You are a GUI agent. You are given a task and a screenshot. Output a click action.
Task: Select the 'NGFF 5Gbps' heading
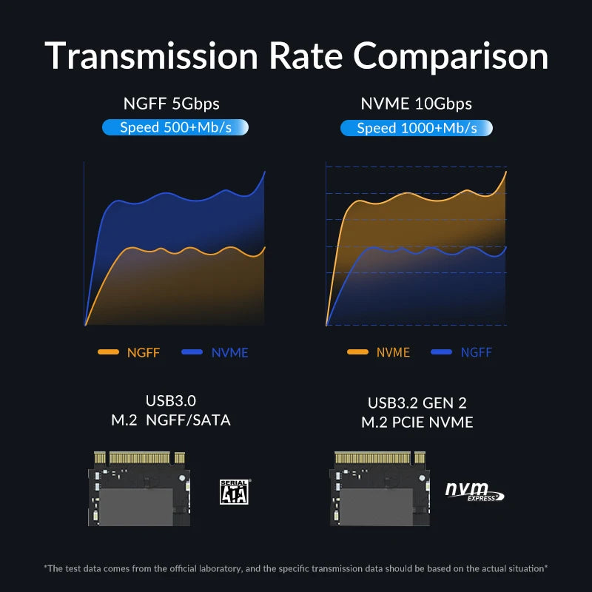click(172, 104)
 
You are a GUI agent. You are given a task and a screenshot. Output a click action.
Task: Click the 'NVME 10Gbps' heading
click(416, 104)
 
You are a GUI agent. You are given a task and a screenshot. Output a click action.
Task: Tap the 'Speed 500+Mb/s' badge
click(175, 127)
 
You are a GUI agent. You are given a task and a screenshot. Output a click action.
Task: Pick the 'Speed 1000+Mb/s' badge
click(417, 128)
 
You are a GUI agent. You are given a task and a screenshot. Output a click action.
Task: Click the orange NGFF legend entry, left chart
click(129, 352)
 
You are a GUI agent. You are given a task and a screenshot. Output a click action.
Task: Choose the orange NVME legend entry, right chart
click(378, 352)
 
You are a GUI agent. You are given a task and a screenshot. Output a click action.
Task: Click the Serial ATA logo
click(234, 491)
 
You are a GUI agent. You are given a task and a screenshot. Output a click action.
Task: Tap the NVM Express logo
click(474, 491)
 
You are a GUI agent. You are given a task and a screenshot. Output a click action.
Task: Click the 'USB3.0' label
click(171, 401)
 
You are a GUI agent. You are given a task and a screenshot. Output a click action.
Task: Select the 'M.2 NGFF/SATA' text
click(171, 420)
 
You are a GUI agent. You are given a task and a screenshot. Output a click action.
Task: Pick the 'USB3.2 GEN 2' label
click(417, 403)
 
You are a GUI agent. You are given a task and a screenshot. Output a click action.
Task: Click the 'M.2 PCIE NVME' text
click(417, 423)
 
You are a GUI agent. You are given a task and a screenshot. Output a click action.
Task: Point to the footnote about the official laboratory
click(296, 568)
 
